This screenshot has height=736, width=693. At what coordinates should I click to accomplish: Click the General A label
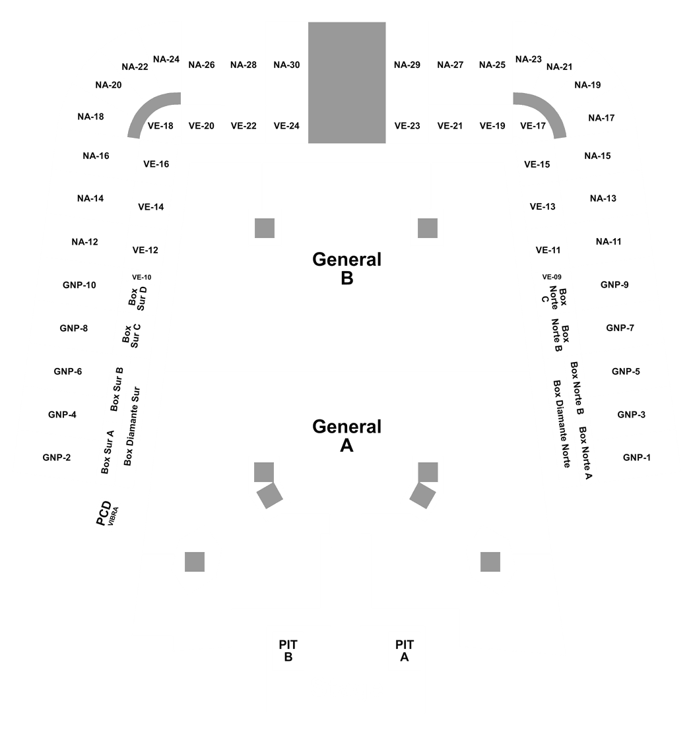[x=346, y=436]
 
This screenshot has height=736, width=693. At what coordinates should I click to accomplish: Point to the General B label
[x=346, y=268]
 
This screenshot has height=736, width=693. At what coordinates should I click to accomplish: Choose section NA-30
[x=286, y=65]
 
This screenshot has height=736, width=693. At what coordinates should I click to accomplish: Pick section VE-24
[x=286, y=125]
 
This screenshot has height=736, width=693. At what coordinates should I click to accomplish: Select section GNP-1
[x=636, y=457]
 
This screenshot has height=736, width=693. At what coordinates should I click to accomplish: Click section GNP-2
[x=56, y=457]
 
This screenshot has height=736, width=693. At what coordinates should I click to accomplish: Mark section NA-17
[x=601, y=118]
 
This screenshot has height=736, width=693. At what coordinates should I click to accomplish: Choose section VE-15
[x=537, y=164]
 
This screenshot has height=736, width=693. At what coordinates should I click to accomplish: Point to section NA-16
[x=96, y=156]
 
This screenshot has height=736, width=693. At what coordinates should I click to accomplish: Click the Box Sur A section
[x=107, y=452]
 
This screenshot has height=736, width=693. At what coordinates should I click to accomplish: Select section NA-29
[x=407, y=65]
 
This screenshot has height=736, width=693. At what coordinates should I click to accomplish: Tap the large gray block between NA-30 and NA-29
[x=346, y=82]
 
